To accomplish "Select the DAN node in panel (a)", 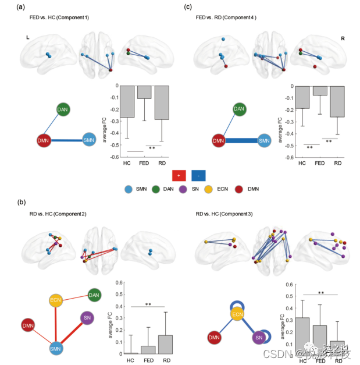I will (x=63, y=109).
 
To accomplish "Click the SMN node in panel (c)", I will (x=265, y=140).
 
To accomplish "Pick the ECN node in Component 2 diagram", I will (x=56, y=301).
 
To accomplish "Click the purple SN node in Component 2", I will (x=87, y=318).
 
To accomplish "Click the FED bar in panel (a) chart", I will (x=144, y=92).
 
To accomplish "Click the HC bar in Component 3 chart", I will (x=302, y=335).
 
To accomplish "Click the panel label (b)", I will (x=22, y=202).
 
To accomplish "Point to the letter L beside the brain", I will (x=27, y=37).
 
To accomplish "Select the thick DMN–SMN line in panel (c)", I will (x=241, y=140).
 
